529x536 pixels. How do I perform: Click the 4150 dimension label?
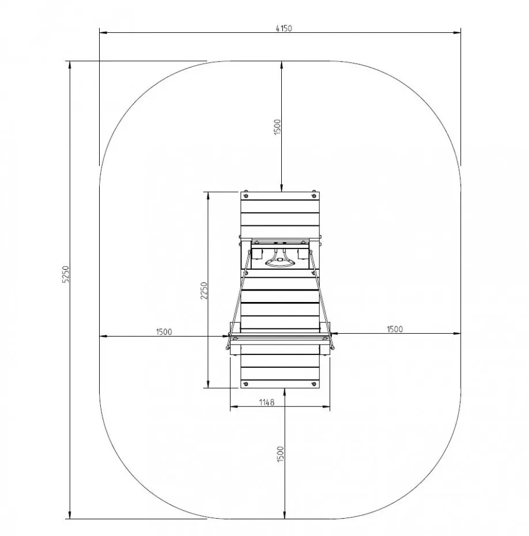coord(284,28)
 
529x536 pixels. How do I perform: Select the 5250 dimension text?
coord(66,274)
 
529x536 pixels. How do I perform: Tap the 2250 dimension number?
coord(203,290)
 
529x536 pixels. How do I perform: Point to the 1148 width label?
coord(267,402)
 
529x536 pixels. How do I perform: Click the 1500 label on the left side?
coord(164,331)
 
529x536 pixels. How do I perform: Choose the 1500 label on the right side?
coord(395,329)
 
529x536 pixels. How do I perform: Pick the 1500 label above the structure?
coord(278,126)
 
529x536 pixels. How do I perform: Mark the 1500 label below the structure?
coord(281,454)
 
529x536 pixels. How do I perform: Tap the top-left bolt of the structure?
coord(245,196)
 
